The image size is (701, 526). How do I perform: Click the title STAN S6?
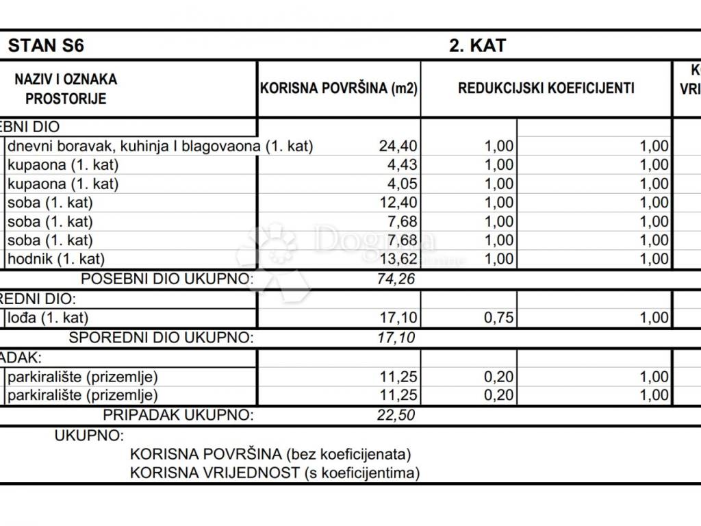point(46,46)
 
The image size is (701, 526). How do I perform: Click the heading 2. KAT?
point(477,46)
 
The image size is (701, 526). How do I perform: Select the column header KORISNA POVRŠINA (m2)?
point(338,88)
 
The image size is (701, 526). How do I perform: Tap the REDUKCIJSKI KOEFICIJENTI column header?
point(546,88)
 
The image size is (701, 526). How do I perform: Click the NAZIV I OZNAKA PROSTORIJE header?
point(66,88)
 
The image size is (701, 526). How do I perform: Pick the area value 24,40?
point(398,146)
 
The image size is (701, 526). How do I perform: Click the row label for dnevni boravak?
point(160,146)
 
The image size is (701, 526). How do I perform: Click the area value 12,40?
point(398,203)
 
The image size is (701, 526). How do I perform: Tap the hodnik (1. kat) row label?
point(56,259)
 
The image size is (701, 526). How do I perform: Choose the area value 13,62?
point(398,259)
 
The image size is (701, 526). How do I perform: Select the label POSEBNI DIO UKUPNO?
point(167,279)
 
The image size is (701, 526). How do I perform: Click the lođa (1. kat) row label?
point(48,318)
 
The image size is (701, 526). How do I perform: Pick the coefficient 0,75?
point(498,318)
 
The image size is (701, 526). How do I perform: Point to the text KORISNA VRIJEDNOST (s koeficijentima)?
point(275,473)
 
